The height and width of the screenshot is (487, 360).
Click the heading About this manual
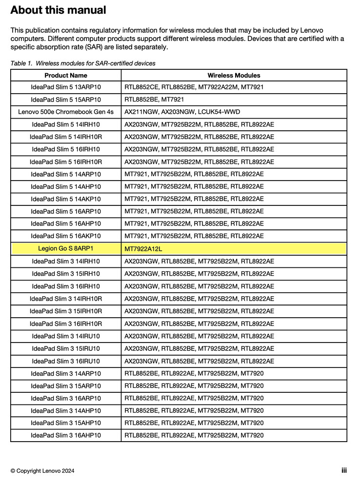pos(58,10)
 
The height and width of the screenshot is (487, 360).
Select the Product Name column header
pos(66,76)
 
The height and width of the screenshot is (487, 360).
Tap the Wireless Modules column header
pos(234,76)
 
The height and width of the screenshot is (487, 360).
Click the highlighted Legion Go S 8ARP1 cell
pos(66,248)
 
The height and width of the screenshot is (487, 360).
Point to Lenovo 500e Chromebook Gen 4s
pos(66,112)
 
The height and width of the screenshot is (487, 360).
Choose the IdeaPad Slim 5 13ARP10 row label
pos(66,87)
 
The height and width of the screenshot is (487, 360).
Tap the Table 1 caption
pos(83,63)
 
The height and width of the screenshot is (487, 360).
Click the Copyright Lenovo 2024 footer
pos(42,471)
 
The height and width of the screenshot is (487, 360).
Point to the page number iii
pos(344,470)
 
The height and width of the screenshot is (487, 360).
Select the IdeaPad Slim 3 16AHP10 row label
pos(66,435)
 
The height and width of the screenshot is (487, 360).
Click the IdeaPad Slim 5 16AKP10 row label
pos(66,236)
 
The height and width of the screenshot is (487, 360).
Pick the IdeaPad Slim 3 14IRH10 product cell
pos(66,261)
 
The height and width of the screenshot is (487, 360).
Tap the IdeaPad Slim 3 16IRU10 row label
pos(66,361)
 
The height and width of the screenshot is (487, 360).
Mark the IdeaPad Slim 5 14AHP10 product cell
pos(66,186)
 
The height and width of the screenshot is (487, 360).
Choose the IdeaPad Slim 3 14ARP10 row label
pos(66,373)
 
